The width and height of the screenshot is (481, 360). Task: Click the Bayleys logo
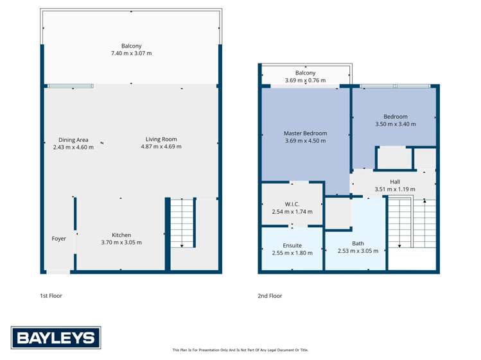56,338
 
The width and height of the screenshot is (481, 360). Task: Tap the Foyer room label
59,239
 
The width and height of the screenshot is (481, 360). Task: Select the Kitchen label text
121,235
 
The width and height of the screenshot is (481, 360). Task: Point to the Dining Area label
73,140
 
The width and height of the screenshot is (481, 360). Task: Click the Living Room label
161,139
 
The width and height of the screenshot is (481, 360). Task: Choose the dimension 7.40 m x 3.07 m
132,53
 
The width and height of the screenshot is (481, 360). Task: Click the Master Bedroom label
305,133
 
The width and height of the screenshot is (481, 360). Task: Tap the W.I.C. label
292,204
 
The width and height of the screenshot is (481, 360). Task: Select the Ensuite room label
292,245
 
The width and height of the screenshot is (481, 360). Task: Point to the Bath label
358,243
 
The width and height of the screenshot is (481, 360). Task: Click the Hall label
395,182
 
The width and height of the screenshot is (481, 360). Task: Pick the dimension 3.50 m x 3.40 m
396,124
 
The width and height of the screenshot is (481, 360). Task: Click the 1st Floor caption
51,296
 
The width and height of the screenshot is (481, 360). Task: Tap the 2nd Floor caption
270,296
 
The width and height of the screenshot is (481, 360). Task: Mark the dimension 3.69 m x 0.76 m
305,81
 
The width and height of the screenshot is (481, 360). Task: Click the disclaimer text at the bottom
240,350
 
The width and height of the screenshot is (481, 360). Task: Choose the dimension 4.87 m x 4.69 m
161,147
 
